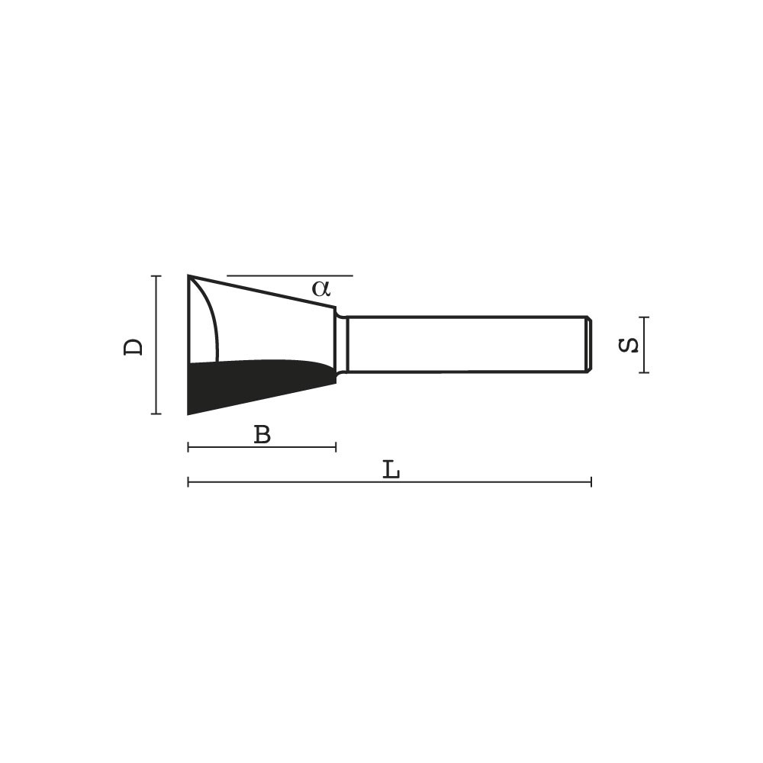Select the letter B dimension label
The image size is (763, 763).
point(262,434)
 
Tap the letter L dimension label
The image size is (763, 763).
point(391,469)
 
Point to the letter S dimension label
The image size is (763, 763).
point(628,346)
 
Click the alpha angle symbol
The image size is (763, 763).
point(321,288)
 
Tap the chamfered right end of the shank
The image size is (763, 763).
point(589,345)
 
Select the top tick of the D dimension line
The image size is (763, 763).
point(156,276)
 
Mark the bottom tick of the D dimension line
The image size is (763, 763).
point(156,414)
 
